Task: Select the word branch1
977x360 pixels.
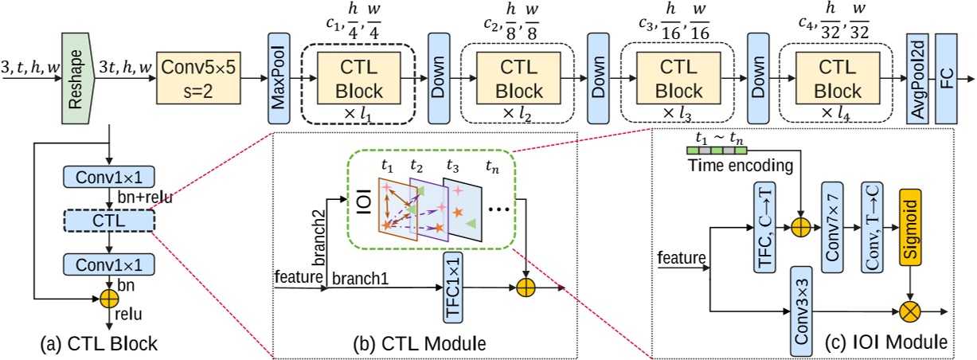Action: [361, 279]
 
